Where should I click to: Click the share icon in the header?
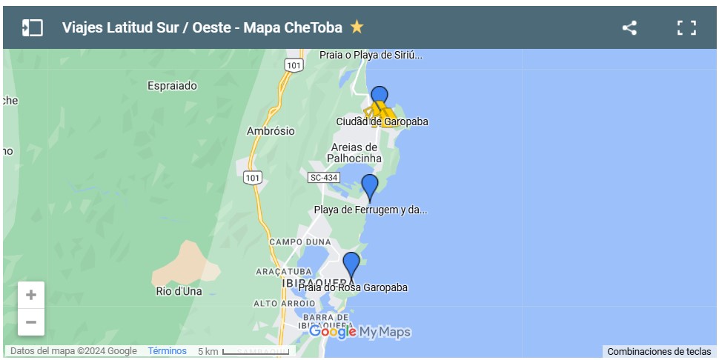click(629, 28)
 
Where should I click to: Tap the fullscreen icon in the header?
click(686, 28)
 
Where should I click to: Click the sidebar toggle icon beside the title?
click(32, 28)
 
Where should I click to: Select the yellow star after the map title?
click(357, 27)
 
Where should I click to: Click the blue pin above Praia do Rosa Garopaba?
click(351, 264)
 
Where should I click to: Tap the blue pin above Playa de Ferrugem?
click(369, 187)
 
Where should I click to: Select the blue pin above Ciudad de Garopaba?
click(379, 97)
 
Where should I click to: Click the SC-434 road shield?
click(323, 177)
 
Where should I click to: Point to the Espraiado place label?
click(172, 86)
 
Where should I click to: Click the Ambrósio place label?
click(271, 131)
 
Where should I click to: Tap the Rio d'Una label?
click(179, 291)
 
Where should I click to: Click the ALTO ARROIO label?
click(285, 304)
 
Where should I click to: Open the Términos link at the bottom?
click(167, 351)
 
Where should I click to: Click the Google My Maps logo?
click(359, 333)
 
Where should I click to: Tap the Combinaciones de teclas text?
click(659, 352)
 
